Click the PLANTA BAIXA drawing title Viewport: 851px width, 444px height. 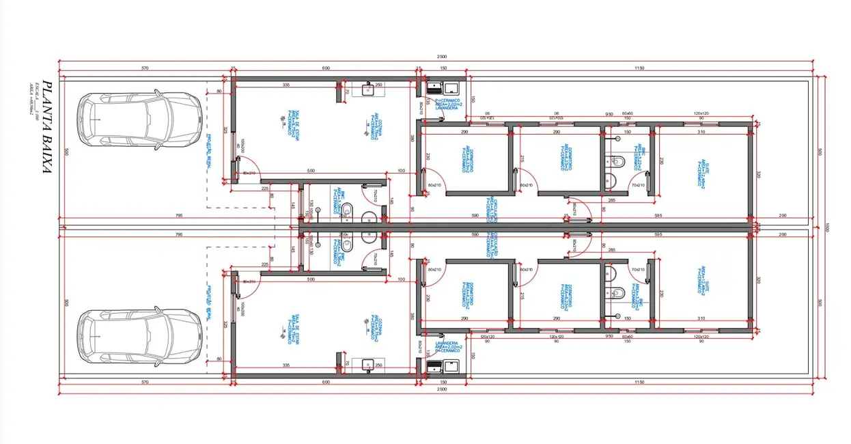click(x=47, y=128)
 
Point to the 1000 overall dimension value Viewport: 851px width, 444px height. click(x=828, y=227)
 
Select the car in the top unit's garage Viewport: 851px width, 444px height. click(x=139, y=121)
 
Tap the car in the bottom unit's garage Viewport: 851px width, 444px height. click(x=139, y=337)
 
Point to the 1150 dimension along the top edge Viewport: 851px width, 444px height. click(x=639, y=68)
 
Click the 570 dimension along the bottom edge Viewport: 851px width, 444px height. click(x=145, y=383)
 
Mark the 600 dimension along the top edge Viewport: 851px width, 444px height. click(x=325, y=68)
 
